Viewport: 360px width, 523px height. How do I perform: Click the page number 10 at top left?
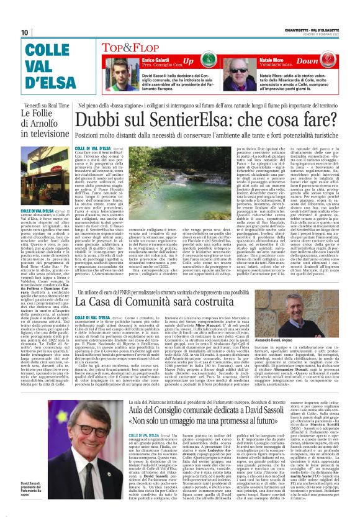pyautogui.click(x=25, y=32)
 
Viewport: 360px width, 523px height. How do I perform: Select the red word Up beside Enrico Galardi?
pyautogui.click(x=187, y=61)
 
